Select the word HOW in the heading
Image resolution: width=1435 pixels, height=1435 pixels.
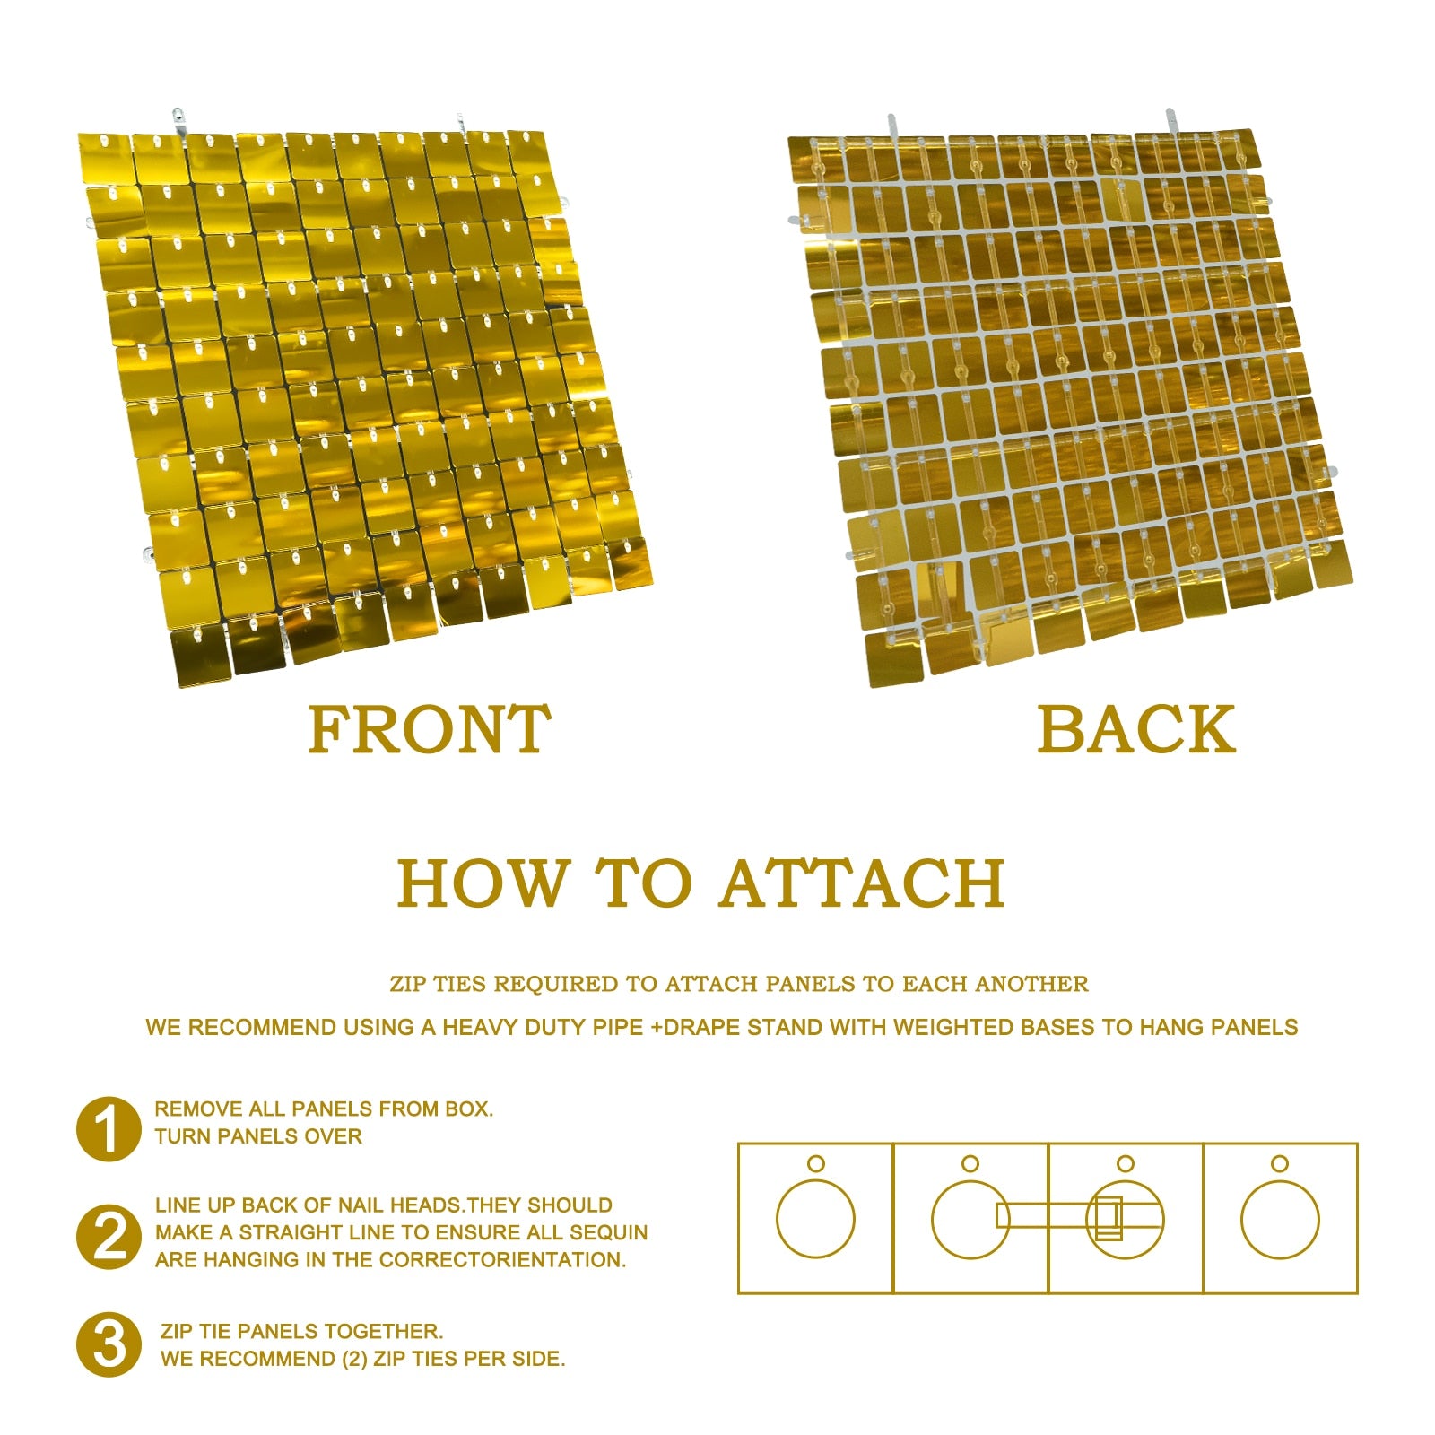click(483, 883)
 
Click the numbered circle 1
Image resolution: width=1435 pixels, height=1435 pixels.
click(109, 1129)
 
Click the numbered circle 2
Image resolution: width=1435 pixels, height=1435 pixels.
click(109, 1237)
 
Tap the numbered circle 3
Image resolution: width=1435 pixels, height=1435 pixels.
click(109, 1344)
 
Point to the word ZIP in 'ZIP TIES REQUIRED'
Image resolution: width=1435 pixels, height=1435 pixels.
click(409, 984)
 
